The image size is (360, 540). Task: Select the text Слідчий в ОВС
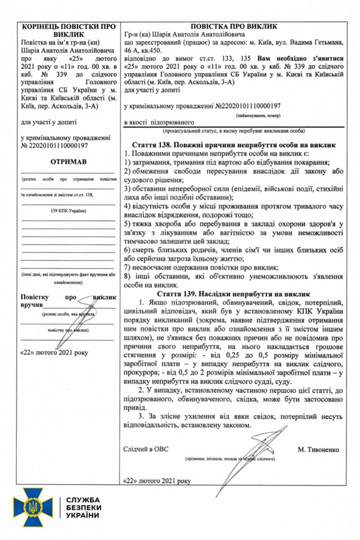pos(146,450)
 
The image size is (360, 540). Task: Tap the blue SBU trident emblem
pos(35,510)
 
